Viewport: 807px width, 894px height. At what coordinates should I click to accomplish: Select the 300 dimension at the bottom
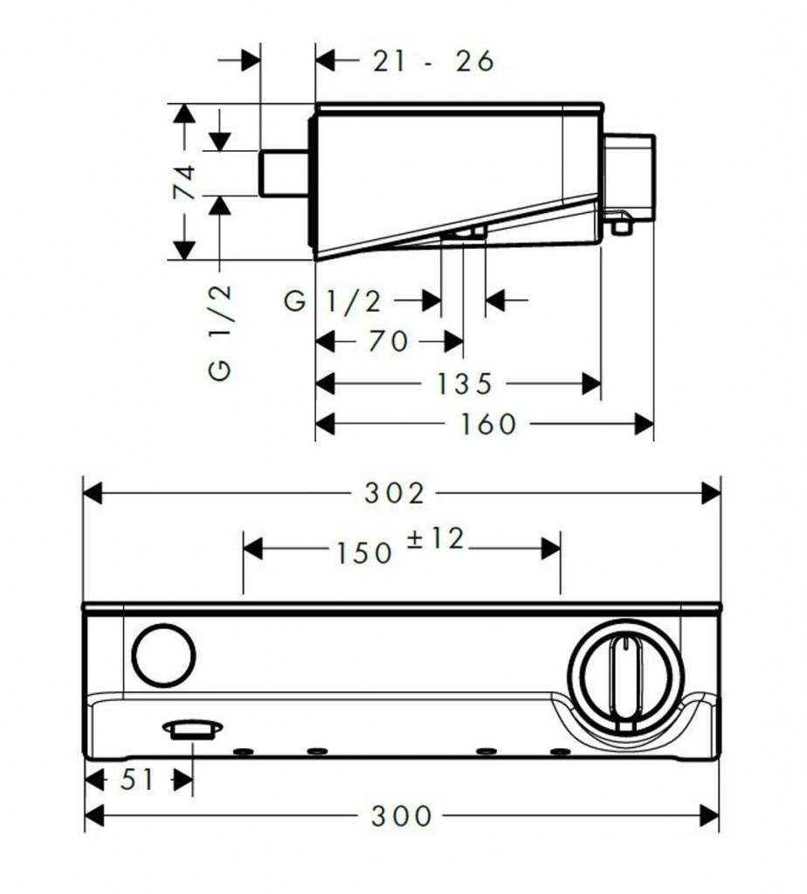tap(401, 816)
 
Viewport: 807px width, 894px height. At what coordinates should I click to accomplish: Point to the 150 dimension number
tap(362, 552)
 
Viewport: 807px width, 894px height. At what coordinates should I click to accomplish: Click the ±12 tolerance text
tap(435, 540)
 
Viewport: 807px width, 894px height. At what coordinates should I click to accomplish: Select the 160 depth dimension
tap(490, 424)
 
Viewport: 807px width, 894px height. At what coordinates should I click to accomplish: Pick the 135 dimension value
tap(467, 383)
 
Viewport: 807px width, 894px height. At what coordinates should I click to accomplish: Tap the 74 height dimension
tap(184, 182)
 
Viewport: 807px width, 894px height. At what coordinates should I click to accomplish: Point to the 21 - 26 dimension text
tap(433, 61)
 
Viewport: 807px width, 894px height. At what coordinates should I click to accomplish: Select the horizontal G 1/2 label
tap(335, 301)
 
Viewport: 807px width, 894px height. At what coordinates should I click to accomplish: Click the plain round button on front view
tap(163, 656)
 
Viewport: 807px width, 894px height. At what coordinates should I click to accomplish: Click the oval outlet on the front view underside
tap(191, 729)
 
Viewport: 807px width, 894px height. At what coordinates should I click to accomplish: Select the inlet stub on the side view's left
tap(285, 172)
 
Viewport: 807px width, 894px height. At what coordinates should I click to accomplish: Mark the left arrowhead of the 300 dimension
tap(93, 816)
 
